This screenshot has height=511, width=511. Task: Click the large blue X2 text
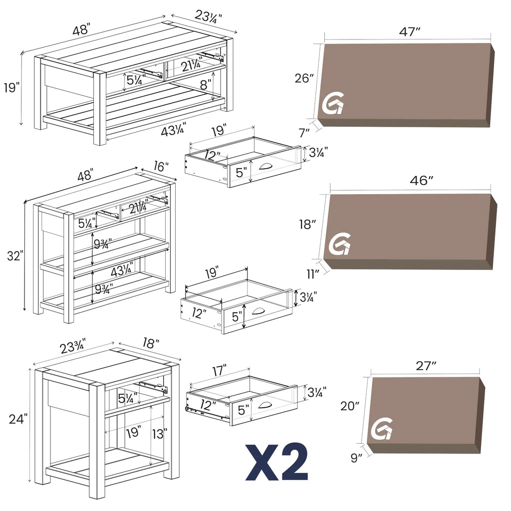coord(276,463)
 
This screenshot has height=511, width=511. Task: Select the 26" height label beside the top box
coord(304,78)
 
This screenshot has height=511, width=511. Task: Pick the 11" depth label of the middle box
coord(313,273)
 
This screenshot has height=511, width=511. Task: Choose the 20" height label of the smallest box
coord(349,406)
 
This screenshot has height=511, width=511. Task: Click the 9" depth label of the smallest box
coord(356,457)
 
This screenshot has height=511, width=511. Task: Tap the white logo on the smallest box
coord(382,430)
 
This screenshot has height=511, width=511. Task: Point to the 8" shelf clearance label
coord(205,85)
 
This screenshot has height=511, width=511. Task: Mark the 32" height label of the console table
coord(15,256)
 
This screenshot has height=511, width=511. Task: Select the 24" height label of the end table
coord(18,419)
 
